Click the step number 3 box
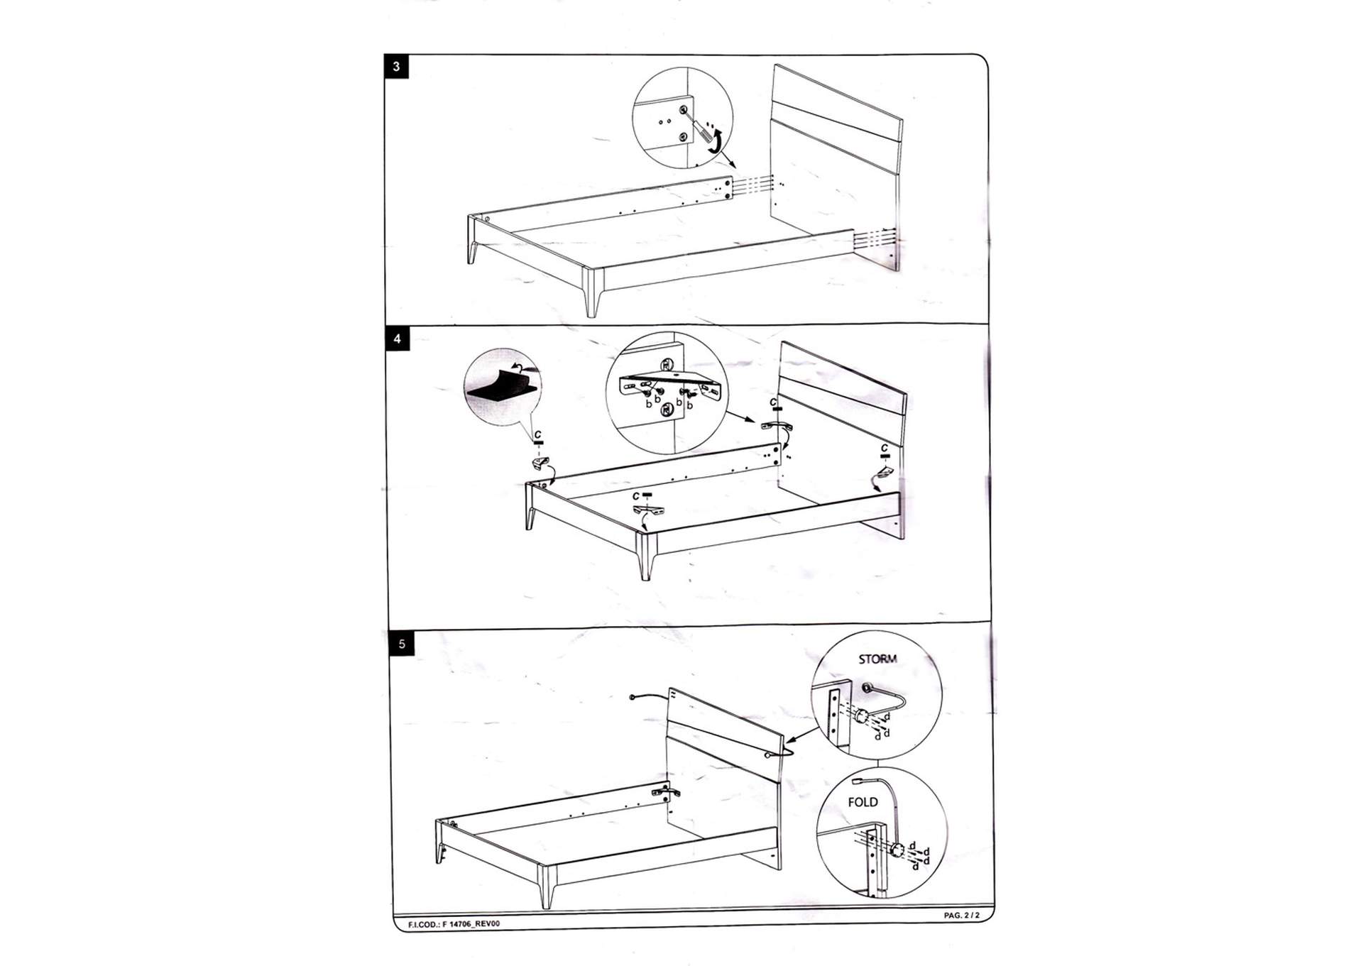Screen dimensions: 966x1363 396,67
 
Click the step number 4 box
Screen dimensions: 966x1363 397,339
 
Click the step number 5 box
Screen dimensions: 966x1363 402,644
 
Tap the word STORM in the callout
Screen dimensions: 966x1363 877,659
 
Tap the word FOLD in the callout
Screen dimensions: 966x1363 863,802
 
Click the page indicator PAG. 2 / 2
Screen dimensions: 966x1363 961,916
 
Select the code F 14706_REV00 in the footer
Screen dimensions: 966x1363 454,924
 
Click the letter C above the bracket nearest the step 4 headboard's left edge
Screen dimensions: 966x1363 773,402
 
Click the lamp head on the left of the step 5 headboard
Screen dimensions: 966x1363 632,697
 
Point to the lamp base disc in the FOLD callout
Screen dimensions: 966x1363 898,850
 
